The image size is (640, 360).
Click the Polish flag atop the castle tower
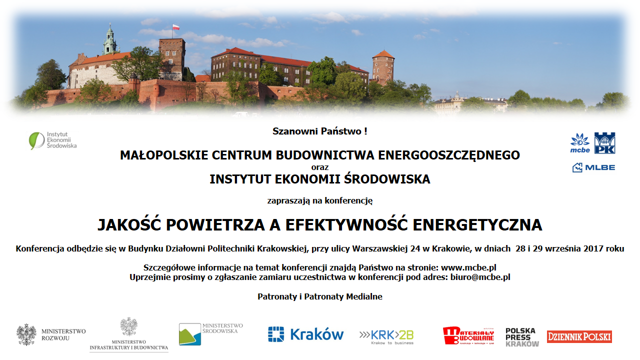tap(176, 27)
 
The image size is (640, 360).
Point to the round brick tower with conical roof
tap(383, 67)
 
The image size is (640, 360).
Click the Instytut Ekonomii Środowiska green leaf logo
tap(36, 141)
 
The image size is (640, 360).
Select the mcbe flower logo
tap(580, 143)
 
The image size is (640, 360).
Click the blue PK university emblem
tap(605, 143)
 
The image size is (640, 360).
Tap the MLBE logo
tap(593, 167)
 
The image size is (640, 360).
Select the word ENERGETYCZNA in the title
tap(477, 224)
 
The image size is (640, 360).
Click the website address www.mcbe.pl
tap(468, 267)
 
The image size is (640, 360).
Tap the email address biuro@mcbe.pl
tap(480, 277)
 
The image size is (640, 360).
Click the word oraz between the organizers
tap(320, 167)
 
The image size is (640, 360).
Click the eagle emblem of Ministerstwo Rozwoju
tap(26, 334)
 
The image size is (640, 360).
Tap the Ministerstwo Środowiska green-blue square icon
tap(190, 334)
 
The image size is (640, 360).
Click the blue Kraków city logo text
tap(317, 334)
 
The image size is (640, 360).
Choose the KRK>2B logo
tap(386, 337)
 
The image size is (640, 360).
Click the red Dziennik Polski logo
tap(579, 336)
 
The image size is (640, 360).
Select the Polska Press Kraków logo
tap(522, 337)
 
